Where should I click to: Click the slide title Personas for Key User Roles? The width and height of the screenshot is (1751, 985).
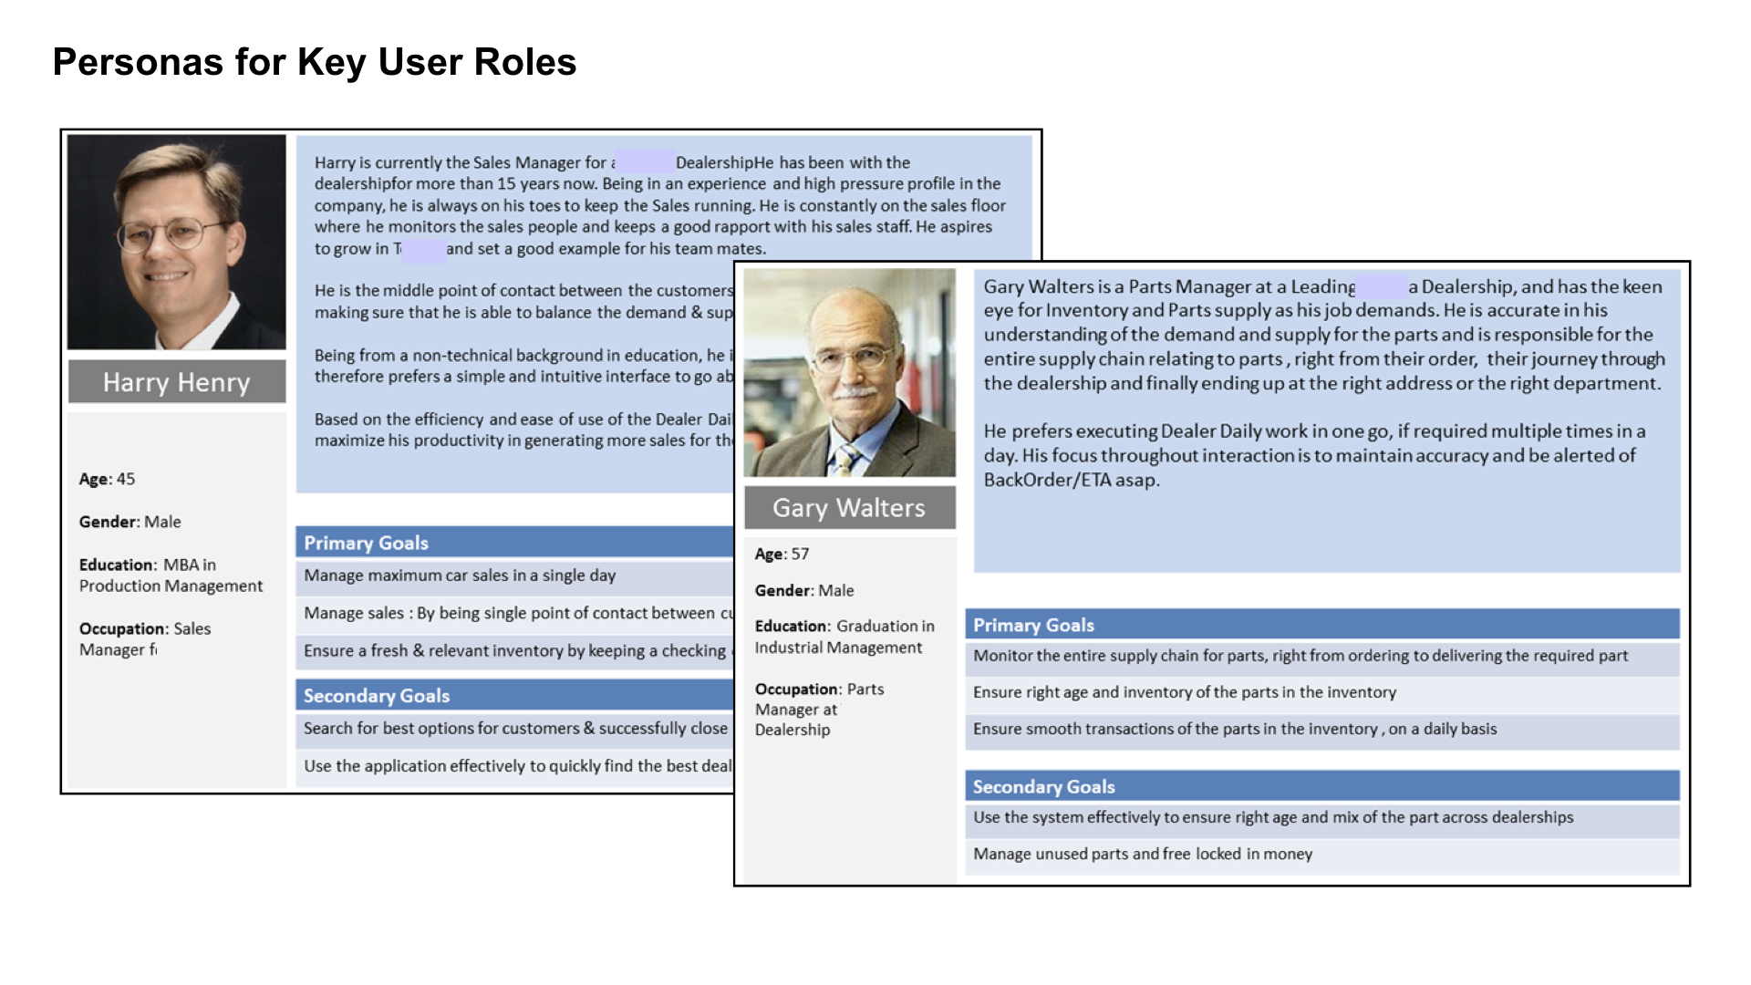click(x=314, y=62)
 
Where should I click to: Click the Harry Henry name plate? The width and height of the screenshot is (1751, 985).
click(x=176, y=382)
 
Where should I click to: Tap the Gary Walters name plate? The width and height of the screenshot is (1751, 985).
click(x=848, y=508)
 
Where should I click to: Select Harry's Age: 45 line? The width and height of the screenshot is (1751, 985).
click(x=107, y=479)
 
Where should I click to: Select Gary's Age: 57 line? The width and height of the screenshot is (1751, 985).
click(x=782, y=554)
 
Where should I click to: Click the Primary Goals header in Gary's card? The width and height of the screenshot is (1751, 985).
click(x=1033, y=625)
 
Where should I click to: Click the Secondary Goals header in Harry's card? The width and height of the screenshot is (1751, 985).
click(x=377, y=696)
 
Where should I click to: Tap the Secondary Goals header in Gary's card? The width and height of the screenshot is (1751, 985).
click(x=1043, y=786)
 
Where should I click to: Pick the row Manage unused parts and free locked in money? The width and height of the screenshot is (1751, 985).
click(x=1143, y=854)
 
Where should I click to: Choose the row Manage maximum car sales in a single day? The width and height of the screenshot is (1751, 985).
click(x=460, y=575)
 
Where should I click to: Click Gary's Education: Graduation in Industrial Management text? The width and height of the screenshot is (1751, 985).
click(x=844, y=637)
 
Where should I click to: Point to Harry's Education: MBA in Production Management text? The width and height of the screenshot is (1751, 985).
click(x=171, y=575)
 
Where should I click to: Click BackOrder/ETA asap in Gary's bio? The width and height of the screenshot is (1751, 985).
click(x=1072, y=480)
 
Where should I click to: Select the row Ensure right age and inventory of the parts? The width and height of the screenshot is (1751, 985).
click(x=1184, y=692)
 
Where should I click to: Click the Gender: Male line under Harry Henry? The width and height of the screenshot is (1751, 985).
click(x=130, y=522)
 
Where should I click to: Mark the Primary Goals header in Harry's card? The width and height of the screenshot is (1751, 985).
click(x=366, y=543)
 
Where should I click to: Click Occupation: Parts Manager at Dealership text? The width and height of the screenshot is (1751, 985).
click(x=818, y=709)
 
